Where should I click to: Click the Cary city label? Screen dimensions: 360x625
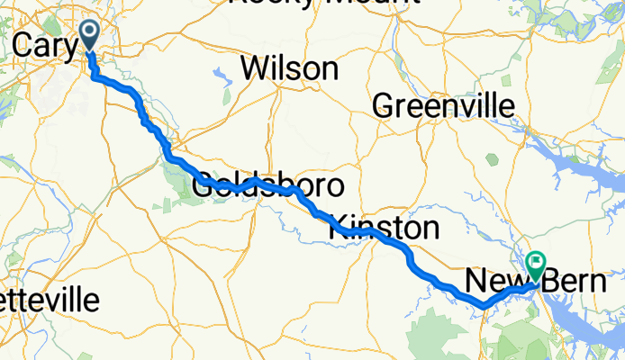45,46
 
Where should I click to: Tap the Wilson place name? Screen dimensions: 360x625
289,68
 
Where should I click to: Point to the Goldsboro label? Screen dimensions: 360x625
268,187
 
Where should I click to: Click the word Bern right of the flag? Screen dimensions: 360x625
577,282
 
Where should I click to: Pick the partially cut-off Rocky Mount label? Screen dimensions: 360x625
324,4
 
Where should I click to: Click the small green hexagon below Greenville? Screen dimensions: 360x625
492,159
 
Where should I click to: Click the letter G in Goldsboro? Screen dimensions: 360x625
205,187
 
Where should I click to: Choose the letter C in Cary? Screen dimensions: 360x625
25,44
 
